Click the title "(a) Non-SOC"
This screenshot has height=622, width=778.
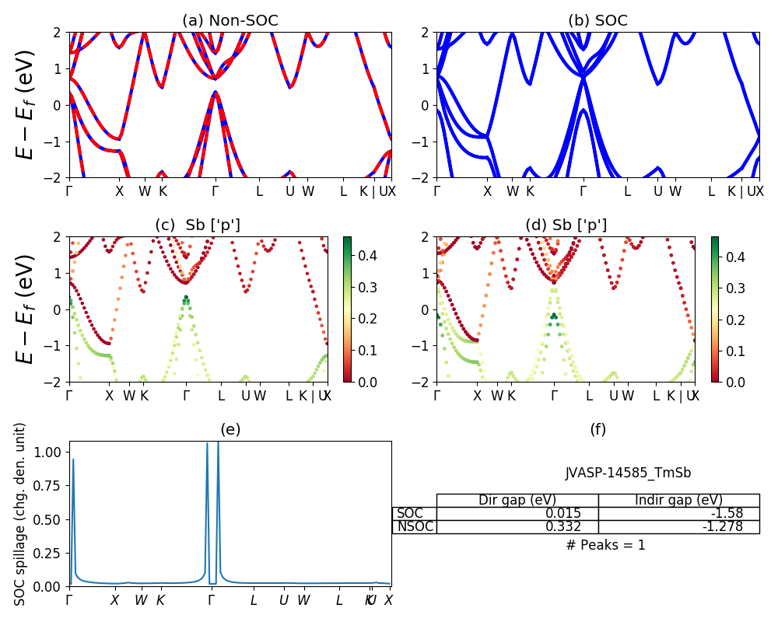tap(230, 21)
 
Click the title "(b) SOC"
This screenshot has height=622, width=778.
tap(598, 21)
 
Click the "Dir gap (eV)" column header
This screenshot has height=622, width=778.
tap(517, 500)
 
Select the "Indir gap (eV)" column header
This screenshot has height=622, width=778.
tap(678, 500)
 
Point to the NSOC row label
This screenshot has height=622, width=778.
tap(415, 527)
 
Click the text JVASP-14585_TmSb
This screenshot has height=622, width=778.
tap(628, 473)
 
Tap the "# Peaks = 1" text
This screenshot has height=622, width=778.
tap(605, 545)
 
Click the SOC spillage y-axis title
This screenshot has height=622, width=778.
tap(21, 514)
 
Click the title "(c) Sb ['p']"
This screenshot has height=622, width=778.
tap(198, 225)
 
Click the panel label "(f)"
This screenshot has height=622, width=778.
tap(598, 429)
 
